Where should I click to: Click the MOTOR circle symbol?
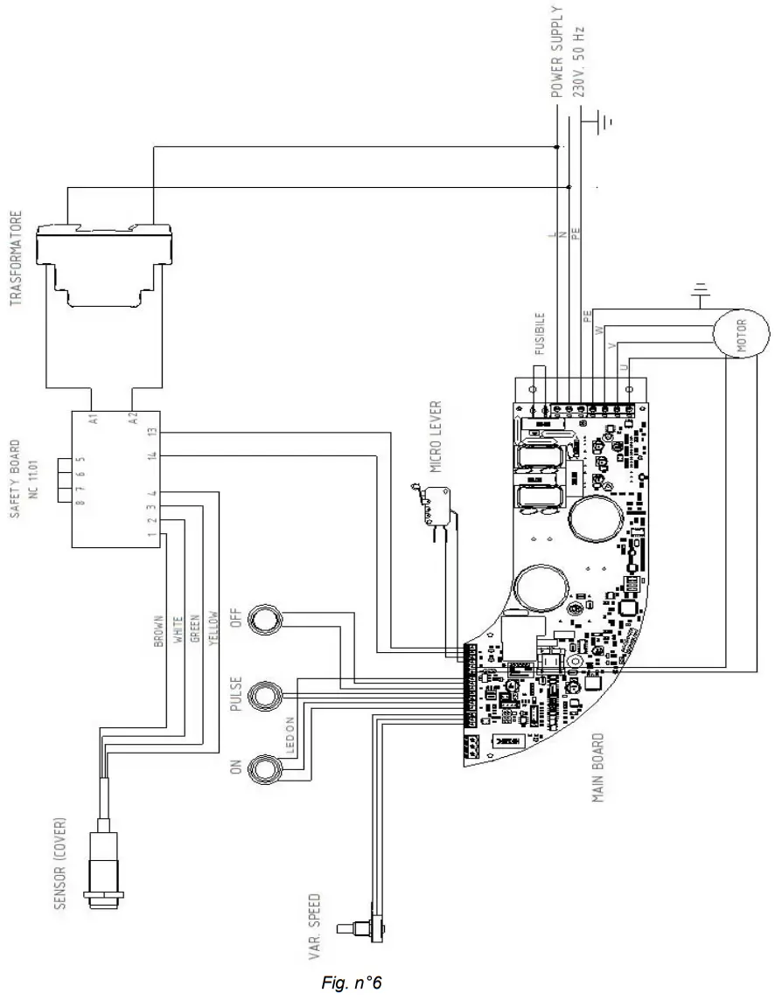(734, 336)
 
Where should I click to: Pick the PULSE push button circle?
(263, 697)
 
